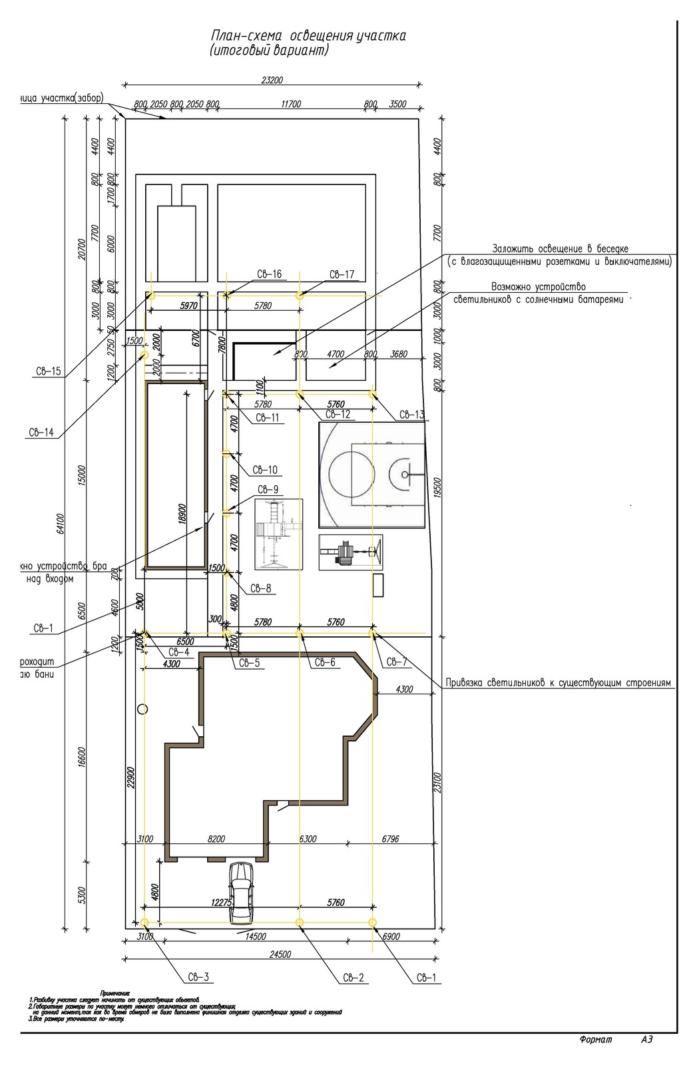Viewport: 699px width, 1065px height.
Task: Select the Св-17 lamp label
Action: pos(342,274)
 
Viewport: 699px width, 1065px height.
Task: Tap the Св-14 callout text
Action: pos(41,432)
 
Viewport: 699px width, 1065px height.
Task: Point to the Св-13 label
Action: pos(412,415)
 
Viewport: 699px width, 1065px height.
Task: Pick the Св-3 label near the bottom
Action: pos(198,977)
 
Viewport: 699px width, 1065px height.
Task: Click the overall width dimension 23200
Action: pos(272,81)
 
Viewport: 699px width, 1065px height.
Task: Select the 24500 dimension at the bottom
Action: pos(280,954)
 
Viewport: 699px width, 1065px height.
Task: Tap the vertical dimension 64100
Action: pos(61,523)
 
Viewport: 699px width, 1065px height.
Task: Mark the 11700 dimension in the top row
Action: pos(291,105)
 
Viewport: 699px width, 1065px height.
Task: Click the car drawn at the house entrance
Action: pos(241,893)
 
